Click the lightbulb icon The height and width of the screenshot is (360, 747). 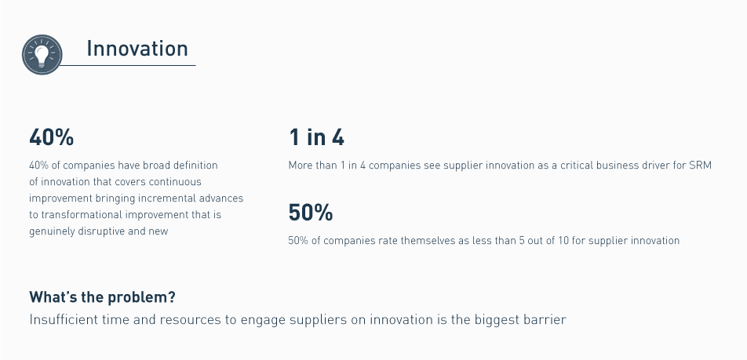(x=42, y=55)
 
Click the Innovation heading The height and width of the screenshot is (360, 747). (x=137, y=49)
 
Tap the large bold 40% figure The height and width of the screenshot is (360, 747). (x=52, y=137)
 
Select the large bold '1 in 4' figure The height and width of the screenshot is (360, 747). (x=316, y=137)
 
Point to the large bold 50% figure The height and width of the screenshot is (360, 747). (x=311, y=213)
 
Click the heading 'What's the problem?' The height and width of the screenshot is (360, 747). (x=103, y=297)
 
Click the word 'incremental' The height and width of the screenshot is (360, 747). (x=163, y=198)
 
